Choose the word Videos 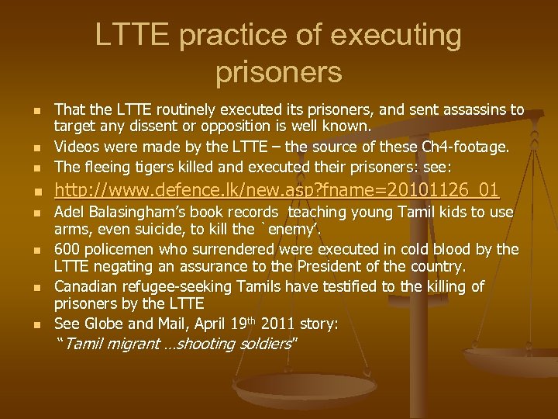78,147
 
